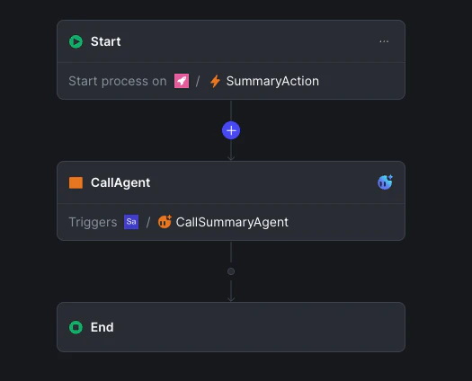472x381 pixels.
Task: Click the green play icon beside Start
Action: tap(76, 41)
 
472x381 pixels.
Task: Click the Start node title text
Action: tap(106, 41)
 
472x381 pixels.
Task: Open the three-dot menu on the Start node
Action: tap(384, 41)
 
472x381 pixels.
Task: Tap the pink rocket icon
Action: tap(182, 81)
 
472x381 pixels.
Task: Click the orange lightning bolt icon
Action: tap(215, 81)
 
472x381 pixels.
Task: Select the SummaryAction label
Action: tap(272, 81)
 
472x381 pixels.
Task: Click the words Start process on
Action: tap(118, 81)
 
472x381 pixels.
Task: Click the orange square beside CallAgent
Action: tap(76, 182)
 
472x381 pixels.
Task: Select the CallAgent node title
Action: tap(120, 182)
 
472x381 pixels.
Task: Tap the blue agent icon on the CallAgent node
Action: tap(385, 182)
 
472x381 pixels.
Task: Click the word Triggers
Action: tap(93, 222)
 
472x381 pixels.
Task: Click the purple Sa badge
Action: tap(131, 222)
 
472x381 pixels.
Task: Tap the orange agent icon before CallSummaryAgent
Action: tap(165, 222)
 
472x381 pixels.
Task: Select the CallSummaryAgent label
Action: tap(232, 222)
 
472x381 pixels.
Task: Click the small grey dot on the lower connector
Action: tap(231, 271)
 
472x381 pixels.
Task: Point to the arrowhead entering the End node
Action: tap(231, 299)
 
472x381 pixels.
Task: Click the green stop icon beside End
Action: tap(76, 327)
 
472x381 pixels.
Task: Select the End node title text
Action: tap(102, 327)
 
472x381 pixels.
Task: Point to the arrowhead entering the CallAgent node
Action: tap(231, 158)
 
